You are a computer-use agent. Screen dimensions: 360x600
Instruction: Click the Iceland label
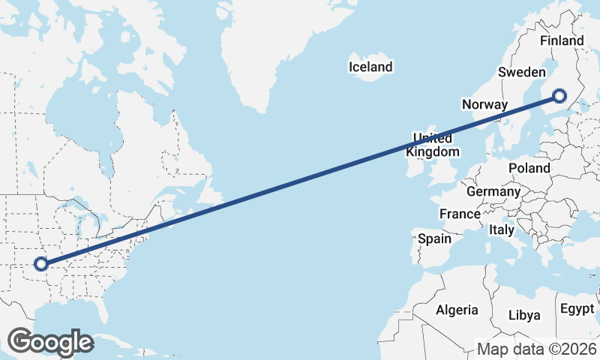pos(370,67)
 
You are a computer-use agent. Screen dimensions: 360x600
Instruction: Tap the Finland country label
pos(561,40)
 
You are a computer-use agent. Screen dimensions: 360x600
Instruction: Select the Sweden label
pos(521,72)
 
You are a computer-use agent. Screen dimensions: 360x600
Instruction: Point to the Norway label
pos(485,104)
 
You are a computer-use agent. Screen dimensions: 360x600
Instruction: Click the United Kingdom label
pos(433,145)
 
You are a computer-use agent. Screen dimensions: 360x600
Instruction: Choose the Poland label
pos(529,168)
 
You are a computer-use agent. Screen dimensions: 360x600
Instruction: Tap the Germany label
pos(493,192)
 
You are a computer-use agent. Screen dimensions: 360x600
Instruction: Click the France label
pos(460,214)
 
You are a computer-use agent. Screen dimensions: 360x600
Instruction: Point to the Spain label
pos(434,239)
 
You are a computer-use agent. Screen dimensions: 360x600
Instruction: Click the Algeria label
pos(457,310)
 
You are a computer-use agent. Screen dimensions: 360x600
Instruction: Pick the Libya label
pos(523,315)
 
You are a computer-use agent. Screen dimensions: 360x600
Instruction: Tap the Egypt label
pos(576,309)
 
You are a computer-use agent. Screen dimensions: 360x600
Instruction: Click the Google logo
pos(50,342)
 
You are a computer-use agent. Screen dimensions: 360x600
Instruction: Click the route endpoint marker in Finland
pos(559,95)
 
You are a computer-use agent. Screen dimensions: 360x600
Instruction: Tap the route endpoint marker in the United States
pos(41,264)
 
